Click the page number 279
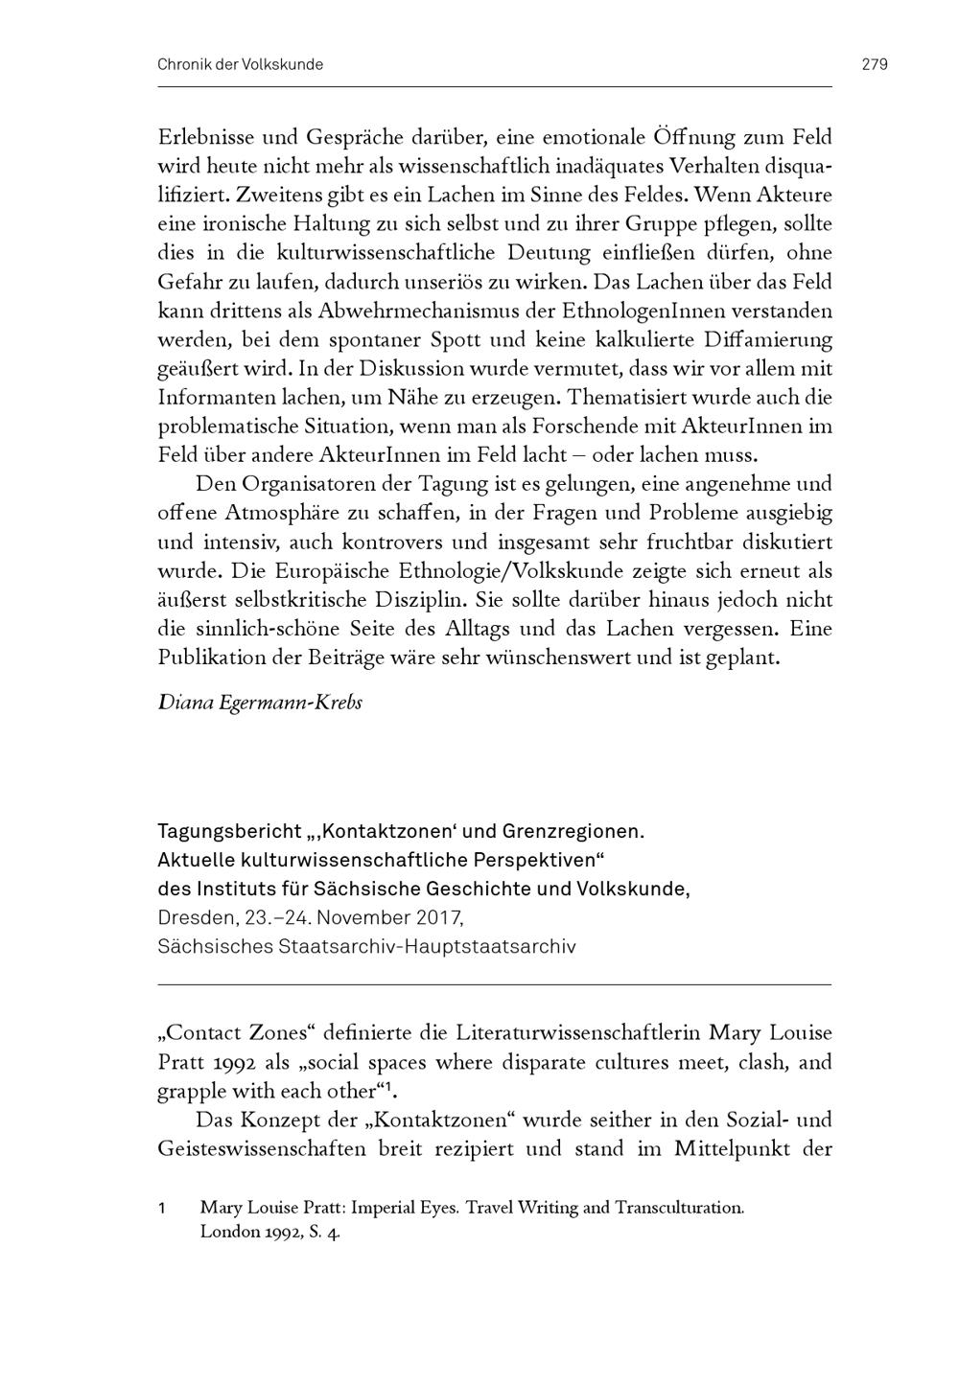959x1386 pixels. pos(875,64)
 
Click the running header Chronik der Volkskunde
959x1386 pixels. pos(240,64)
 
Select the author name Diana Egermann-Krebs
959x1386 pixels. pos(260,702)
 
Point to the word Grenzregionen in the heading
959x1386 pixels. pos(579,831)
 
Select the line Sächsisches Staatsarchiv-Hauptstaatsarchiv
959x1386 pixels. pos(366,946)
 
